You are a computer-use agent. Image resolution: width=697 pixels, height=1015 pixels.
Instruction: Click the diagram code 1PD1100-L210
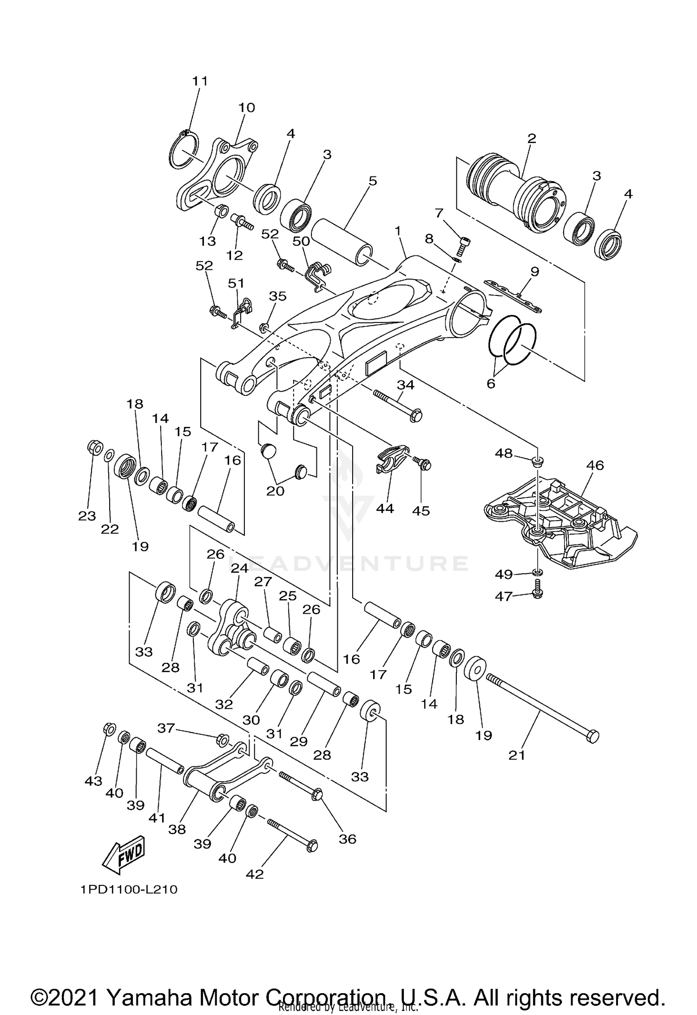pos(129,889)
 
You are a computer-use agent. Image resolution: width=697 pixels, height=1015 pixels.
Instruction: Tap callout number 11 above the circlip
pos(200,81)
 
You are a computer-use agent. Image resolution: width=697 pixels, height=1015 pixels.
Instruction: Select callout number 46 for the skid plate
pos(595,465)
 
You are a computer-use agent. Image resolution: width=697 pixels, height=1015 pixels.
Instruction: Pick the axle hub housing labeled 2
pos(516,190)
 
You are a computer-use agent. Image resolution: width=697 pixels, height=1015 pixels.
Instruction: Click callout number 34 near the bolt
pos(405,385)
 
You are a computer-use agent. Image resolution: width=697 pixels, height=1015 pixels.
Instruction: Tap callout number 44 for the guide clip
pos(385,508)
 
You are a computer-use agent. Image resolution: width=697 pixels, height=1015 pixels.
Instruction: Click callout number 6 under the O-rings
pos(491,383)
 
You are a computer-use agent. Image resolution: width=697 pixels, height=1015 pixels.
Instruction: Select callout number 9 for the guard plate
pos(534,271)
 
